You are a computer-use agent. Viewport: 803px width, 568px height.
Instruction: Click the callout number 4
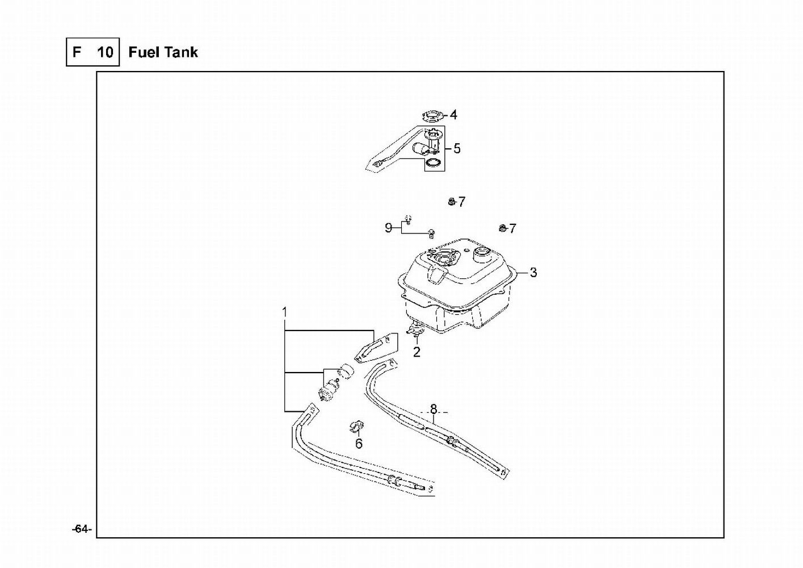(453, 115)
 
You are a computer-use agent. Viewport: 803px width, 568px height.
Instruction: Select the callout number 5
(457, 148)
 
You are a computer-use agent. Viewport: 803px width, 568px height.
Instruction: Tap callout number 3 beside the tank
(533, 273)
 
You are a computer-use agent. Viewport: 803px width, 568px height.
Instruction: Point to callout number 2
(416, 352)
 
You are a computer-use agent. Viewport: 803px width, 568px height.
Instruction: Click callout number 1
(285, 312)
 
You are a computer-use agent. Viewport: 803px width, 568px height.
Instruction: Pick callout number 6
(359, 444)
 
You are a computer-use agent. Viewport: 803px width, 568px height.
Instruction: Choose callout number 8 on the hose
(434, 409)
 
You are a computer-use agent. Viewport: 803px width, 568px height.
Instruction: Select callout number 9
(388, 228)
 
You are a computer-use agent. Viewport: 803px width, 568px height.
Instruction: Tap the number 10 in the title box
(105, 52)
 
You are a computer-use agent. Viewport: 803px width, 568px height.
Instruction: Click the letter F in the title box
(77, 52)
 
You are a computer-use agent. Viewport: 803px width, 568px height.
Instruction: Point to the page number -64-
(82, 529)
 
